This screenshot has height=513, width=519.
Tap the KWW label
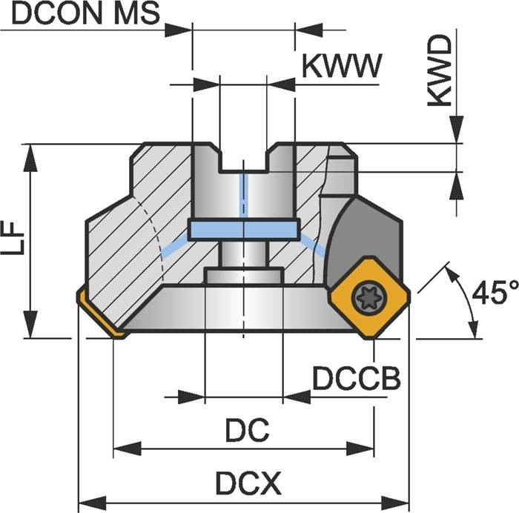pyautogui.click(x=341, y=67)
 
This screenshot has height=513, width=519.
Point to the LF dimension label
pyautogui.click(x=13, y=239)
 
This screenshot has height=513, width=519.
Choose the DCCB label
pyautogui.click(x=356, y=379)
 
